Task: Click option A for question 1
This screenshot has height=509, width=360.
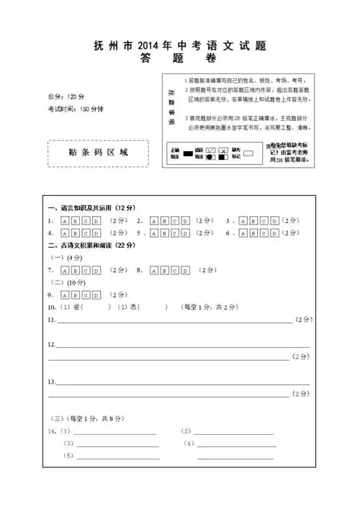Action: click(66, 220)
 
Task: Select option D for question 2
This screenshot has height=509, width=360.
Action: click(186, 220)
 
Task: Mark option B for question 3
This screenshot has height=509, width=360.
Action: click(254, 220)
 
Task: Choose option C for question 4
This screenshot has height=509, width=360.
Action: click(86, 233)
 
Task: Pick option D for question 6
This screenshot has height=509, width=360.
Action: click(274, 233)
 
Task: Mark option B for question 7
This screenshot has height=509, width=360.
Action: click(76, 270)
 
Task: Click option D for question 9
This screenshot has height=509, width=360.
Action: click(96, 294)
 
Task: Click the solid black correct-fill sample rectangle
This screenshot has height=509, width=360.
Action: click(188, 153)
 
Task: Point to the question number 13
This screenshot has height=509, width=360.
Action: click(51, 381)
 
